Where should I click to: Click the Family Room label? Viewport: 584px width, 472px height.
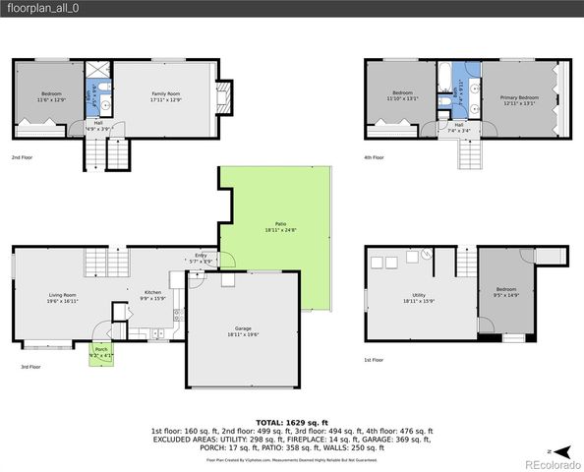(165, 96)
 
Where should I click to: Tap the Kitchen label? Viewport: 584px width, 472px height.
(153, 294)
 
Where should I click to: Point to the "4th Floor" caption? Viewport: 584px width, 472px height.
(374, 157)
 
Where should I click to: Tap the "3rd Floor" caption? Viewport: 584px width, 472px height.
(30, 366)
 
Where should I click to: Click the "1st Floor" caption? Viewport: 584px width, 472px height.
(374, 360)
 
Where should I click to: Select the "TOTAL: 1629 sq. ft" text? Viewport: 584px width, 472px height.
(292, 420)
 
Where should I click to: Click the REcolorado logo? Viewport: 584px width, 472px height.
(553, 463)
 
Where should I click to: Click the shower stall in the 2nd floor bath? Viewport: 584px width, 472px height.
(98, 72)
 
